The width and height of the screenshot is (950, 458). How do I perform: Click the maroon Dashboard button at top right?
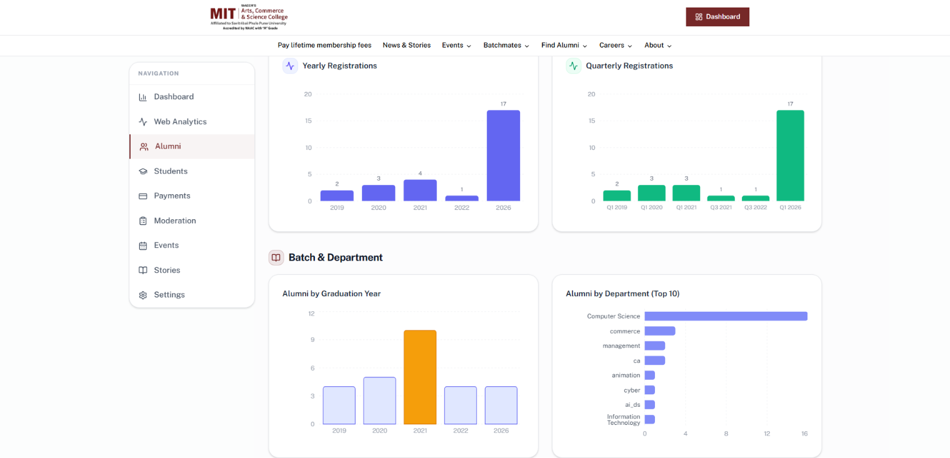pos(717,16)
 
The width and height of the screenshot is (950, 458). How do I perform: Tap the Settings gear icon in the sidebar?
pos(143,295)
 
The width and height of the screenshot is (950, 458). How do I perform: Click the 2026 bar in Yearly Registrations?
pos(503,156)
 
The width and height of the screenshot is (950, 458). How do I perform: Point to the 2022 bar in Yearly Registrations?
pos(461,198)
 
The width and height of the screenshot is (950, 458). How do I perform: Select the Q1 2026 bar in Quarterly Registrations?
pos(790,156)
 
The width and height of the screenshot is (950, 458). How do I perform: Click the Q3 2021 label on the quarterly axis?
pos(721,207)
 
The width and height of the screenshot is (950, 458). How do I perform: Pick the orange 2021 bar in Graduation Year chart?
pos(420,377)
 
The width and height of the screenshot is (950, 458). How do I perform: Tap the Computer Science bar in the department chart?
pos(726,316)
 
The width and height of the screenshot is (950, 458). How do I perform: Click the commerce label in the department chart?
pos(625,331)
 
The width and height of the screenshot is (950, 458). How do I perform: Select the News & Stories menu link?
pos(406,46)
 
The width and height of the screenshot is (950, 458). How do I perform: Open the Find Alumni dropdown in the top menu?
pos(564,46)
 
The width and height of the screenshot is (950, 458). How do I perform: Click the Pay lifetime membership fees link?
pos(324,46)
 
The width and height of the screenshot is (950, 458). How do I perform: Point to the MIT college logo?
pos(249,17)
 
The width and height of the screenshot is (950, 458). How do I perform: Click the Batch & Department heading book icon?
pos(276,257)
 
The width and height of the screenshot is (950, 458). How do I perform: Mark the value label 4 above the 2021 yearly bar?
pos(420,174)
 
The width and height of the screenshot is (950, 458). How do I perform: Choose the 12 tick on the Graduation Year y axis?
pos(311,314)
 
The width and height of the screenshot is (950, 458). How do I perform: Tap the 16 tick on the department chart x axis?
pos(804,434)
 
